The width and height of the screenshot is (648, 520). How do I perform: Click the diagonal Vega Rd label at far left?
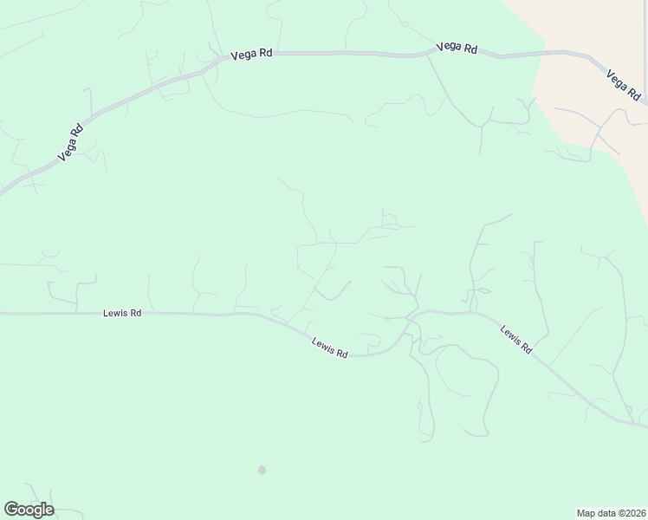click(70, 143)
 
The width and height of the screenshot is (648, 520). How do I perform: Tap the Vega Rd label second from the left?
click(251, 54)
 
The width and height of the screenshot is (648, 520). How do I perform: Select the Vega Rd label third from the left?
click(457, 49)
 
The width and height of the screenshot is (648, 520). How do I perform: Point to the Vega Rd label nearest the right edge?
click(624, 83)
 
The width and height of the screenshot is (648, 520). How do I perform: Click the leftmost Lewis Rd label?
click(123, 314)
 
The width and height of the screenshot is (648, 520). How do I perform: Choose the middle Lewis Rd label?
click(329, 348)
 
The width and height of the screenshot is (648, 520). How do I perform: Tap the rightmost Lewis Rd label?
click(515, 338)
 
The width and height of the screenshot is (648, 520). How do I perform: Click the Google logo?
click(29, 510)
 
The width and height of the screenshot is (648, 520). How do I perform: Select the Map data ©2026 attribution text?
click(611, 513)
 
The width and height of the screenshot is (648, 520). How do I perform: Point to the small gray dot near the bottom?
click(262, 470)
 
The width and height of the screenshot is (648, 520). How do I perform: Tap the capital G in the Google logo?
click(10, 510)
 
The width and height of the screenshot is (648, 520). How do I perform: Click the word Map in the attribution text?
click(586, 513)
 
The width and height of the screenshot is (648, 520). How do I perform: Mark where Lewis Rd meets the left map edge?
click(1, 314)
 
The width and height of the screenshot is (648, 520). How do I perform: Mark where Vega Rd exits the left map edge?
click(1, 193)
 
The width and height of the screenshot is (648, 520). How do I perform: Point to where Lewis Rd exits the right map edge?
click(646, 426)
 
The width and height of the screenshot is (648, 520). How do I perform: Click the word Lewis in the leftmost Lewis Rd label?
click(115, 314)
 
